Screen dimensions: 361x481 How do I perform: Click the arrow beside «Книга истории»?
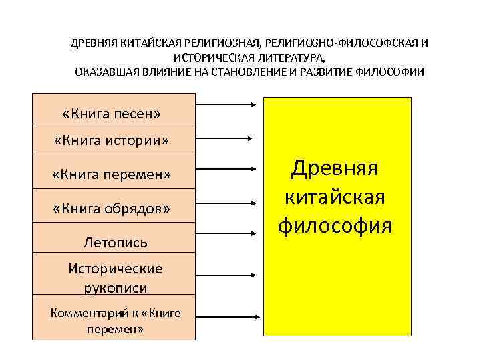point(224,138)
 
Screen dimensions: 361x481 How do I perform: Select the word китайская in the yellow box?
point(335,197)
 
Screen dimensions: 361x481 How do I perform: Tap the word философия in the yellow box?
point(335,225)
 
